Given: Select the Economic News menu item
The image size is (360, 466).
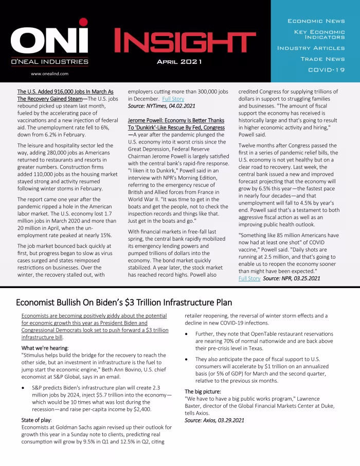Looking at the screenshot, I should pos(316,21).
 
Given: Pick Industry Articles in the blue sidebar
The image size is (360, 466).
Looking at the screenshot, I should pos(311,48).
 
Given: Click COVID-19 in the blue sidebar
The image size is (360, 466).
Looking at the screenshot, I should pos(326,70).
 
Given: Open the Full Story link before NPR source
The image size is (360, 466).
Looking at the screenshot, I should pos(249,278).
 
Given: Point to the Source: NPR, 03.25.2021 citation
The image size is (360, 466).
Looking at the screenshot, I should pos(292,278).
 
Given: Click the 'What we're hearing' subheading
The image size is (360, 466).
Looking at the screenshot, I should pos(45,348).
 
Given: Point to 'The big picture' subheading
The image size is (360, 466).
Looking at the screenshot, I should pos(204,391).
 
